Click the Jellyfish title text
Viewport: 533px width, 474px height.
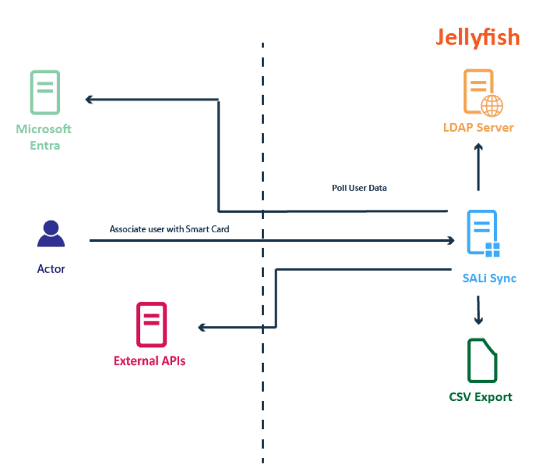pyautogui.click(x=477, y=37)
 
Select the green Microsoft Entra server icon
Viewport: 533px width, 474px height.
pyautogui.click(x=45, y=92)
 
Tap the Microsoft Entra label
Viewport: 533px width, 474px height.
pyautogui.click(x=44, y=137)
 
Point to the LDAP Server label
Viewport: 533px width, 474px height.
pyautogui.click(x=478, y=128)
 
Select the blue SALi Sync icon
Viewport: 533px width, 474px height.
pyautogui.click(x=483, y=233)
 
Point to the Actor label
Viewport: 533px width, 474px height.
pyautogui.click(x=51, y=269)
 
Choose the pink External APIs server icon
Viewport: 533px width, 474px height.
pyautogui.click(x=151, y=324)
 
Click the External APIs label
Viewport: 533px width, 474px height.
pyautogui.click(x=150, y=361)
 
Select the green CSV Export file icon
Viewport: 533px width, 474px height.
pyautogui.click(x=482, y=361)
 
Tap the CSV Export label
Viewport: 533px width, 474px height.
pyautogui.click(x=480, y=397)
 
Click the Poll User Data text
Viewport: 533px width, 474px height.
pyautogui.click(x=359, y=188)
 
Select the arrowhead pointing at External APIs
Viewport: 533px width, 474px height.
pyautogui.click(x=202, y=327)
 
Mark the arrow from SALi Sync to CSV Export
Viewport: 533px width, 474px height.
pyautogui.click(x=478, y=309)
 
